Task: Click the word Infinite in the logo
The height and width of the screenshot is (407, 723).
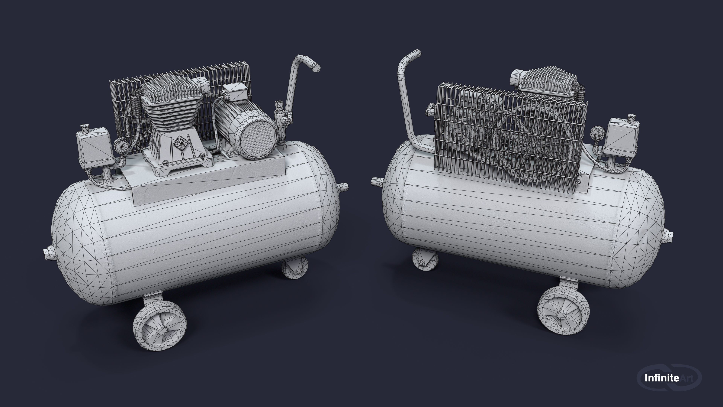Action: tap(662, 378)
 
